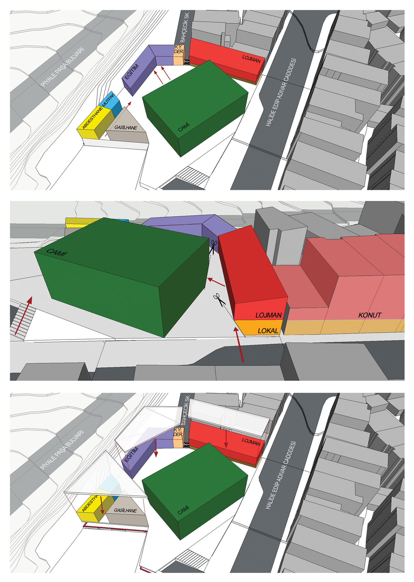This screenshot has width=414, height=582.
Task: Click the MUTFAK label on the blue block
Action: (109, 100)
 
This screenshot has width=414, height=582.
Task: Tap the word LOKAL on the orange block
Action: (268, 331)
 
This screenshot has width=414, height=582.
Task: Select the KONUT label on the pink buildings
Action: (370, 315)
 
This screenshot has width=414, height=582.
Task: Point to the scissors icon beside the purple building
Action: (214, 247)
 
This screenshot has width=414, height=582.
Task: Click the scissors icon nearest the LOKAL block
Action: (219, 300)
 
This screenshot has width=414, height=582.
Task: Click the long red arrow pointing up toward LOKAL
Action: (239, 344)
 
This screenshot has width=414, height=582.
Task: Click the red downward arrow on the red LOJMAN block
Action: (226, 439)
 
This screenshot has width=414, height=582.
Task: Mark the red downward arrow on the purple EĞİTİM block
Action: (156, 448)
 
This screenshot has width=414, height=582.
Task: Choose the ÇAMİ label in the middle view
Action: (56, 252)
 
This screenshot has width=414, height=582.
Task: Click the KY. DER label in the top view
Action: (179, 49)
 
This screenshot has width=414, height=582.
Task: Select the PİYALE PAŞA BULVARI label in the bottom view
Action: (62, 449)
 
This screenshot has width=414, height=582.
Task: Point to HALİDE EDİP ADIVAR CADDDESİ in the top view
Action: (281, 92)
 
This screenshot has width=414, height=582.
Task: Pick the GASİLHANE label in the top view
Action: (126, 128)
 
